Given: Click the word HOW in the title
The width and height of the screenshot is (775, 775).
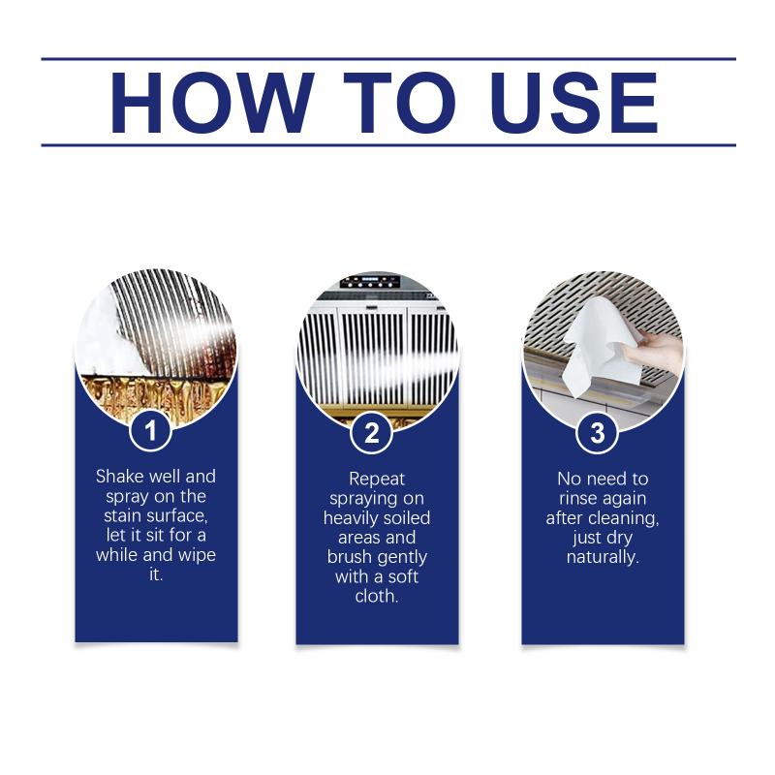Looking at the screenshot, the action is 212,103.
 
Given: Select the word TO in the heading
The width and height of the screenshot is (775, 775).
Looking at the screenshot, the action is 399,103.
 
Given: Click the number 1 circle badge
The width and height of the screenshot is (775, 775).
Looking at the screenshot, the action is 151,430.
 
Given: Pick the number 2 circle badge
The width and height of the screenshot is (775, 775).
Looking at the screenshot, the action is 372,432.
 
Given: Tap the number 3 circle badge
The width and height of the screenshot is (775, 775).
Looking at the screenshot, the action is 598,433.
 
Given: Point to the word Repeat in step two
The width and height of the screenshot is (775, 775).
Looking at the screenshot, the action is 377,479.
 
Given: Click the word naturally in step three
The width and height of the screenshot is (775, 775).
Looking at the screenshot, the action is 603,557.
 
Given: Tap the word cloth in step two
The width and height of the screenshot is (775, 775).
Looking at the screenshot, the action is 377,596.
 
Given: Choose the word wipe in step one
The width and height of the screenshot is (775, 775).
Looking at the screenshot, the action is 197,555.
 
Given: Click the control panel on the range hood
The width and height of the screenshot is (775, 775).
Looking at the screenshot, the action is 370,282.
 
